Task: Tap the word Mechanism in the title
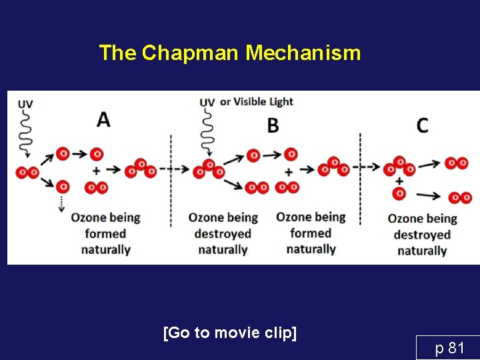(x=303, y=53)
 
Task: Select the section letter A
(x=103, y=119)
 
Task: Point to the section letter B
(x=273, y=125)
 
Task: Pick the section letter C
(x=422, y=125)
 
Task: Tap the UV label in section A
(x=25, y=104)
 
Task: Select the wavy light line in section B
(x=208, y=130)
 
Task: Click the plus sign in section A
(x=97, y=170)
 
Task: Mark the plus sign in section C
(x=399, y=180)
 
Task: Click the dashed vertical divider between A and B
(x=171, y=180)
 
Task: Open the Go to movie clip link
(x=229, y=333)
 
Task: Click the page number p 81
(x=449, y=347)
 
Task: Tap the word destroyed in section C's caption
(x=422, y=235)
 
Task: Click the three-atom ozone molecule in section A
(x=141, y=169)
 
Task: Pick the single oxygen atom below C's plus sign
(x=399, y=194)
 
